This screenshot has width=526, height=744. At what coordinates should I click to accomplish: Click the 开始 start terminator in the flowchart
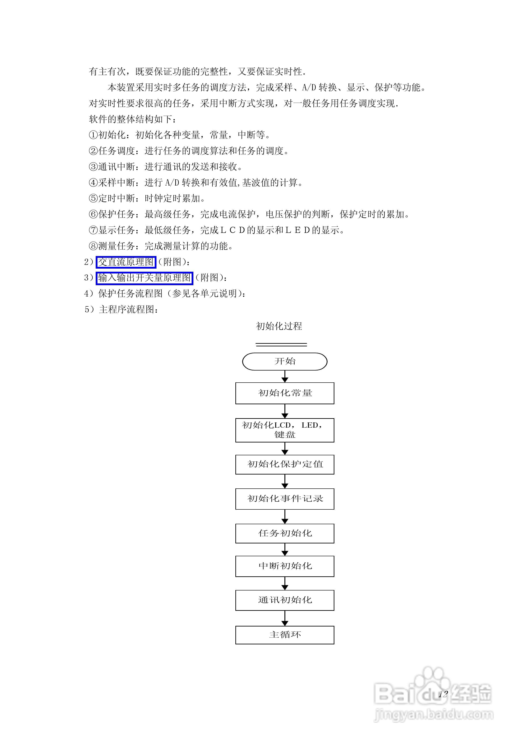pyautogui.click(x=284, y=361)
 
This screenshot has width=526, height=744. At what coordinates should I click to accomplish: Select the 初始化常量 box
pyautogui.click(x=284, y=393)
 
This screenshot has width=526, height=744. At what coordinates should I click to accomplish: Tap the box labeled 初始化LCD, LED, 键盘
pyautogui.click(x=284, y=430)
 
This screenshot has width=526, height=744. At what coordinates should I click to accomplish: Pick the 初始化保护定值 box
pyautogui.click(x=284, y=464)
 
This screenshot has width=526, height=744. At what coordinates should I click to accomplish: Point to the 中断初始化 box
pyautogui.click(x=284, y=566)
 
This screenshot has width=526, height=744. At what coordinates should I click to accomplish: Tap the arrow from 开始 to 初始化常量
pyautogui.click(x=285, y=377)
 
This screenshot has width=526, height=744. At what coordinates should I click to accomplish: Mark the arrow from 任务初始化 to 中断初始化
pyautogui.click(x=285, y=550)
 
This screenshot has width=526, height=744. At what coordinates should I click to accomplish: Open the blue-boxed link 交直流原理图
pyautogui.click(x=126, y=262)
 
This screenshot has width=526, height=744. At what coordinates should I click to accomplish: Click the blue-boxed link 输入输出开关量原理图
pyautogui.click(x=144, y=278)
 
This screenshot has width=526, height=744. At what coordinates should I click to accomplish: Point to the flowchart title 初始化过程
pyautogui.click(x=279, y=326)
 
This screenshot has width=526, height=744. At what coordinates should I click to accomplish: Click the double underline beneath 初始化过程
pyautogui.click(x=281, y=344)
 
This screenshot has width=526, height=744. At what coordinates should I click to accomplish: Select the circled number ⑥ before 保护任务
pyautogui.click(x=93, y=214)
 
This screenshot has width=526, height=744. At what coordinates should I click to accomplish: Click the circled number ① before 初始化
pyautogui.click(x=93, y=135)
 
